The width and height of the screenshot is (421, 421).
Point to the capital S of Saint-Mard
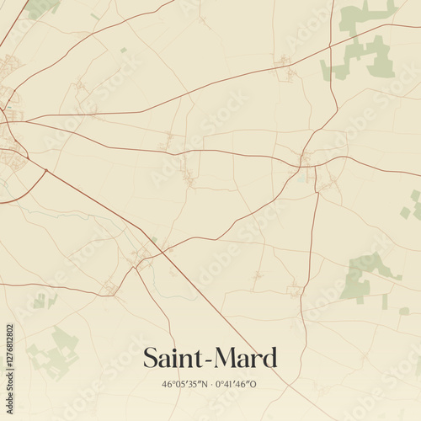point(150,358)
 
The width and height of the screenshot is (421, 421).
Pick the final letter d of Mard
point(269,358)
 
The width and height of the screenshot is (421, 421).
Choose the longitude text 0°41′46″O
point(237,383)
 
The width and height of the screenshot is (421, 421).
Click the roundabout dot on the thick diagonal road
point(45,172)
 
